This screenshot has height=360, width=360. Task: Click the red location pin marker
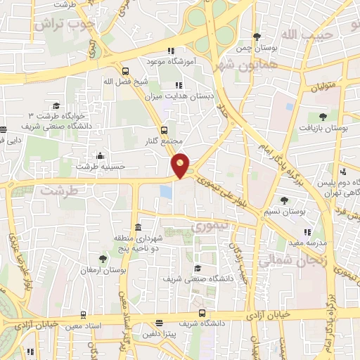(x=181, y=166)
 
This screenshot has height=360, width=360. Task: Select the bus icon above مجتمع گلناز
(x=164, y=129)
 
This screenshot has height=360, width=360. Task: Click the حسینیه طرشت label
(x=94, y=166)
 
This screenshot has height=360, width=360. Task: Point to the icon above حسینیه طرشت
(x=100, y=155)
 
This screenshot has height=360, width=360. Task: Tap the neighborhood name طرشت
(x=56, y=190)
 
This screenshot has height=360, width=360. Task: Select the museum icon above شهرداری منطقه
(x=137, y=228)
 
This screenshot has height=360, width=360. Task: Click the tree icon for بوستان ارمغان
(x=103, y=259)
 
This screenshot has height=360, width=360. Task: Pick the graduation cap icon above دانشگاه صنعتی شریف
(x=198, y=268)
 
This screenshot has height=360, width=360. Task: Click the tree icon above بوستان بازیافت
(x=323, y=117)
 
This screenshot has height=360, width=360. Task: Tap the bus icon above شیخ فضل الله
(x=125, y=71)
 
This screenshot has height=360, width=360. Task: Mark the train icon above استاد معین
(x=84, y=315)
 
